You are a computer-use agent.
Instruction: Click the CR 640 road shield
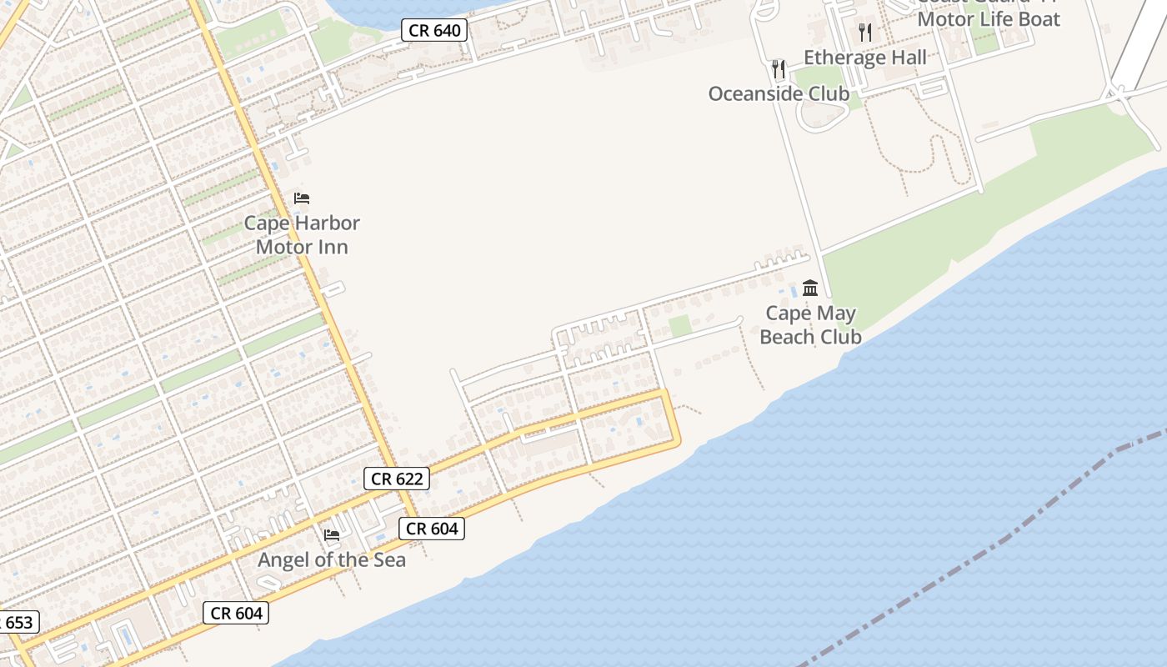pos(434,31)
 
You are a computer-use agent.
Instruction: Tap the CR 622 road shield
pos(398,479)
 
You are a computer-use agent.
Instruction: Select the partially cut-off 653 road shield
pos(18,623)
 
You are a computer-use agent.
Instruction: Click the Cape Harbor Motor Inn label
pos(302,235)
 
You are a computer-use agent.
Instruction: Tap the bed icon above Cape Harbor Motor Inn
pos(302,198)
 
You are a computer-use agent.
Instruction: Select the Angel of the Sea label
pos(332,559)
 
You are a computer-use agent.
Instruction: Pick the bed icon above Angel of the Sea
pos(332,534)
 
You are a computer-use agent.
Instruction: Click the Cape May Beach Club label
pos(810,325)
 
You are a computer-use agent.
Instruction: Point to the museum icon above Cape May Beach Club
pos(810,288)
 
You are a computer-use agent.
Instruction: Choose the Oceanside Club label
pos(779,93)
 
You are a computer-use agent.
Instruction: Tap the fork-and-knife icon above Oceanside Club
pos(779,68)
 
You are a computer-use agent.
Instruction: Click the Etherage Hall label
pos(865,58)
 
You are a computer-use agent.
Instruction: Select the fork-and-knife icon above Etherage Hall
pos(865,33)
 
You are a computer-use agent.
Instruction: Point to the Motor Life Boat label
pos(989,19)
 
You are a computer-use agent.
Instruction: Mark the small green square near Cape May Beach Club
pos(680,326)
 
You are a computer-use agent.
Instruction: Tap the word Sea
pos(387,559)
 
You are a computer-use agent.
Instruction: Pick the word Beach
pos(788,337)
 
